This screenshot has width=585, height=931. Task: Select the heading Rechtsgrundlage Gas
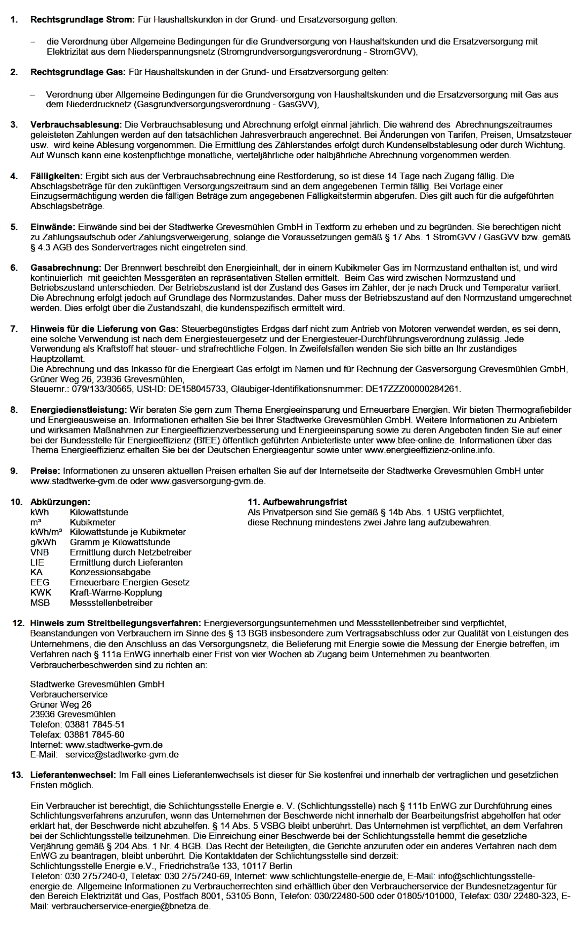coord(78,72)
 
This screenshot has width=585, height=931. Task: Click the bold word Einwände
coord(52,227)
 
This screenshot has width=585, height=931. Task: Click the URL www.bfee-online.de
coord(417,441)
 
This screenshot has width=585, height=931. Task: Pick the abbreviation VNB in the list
coord(39,552)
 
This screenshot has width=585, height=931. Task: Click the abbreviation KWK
coord(40,593)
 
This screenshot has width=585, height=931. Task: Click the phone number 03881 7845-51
coord(94,724)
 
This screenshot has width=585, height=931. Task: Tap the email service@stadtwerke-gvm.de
coord(122,755)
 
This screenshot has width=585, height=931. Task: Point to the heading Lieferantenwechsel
coord(73,775)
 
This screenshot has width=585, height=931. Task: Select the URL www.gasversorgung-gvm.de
coord(208,481)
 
